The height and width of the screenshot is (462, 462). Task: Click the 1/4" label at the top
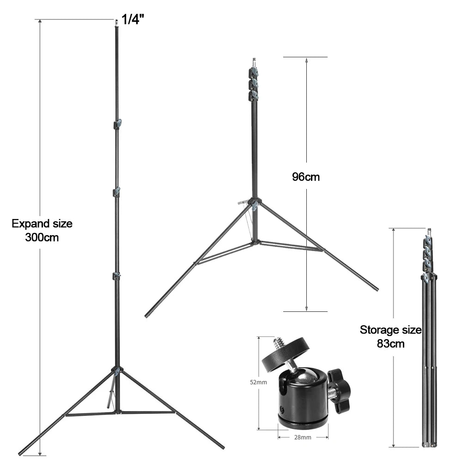133,19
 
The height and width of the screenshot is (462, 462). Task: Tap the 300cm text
42,237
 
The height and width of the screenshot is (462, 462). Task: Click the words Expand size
42,223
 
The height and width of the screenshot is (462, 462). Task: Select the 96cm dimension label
306,177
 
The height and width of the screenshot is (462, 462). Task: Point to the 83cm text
391,344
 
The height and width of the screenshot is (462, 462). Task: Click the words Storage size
391,330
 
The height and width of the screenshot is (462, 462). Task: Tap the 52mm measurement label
258,382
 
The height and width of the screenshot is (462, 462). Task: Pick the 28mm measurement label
303,437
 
